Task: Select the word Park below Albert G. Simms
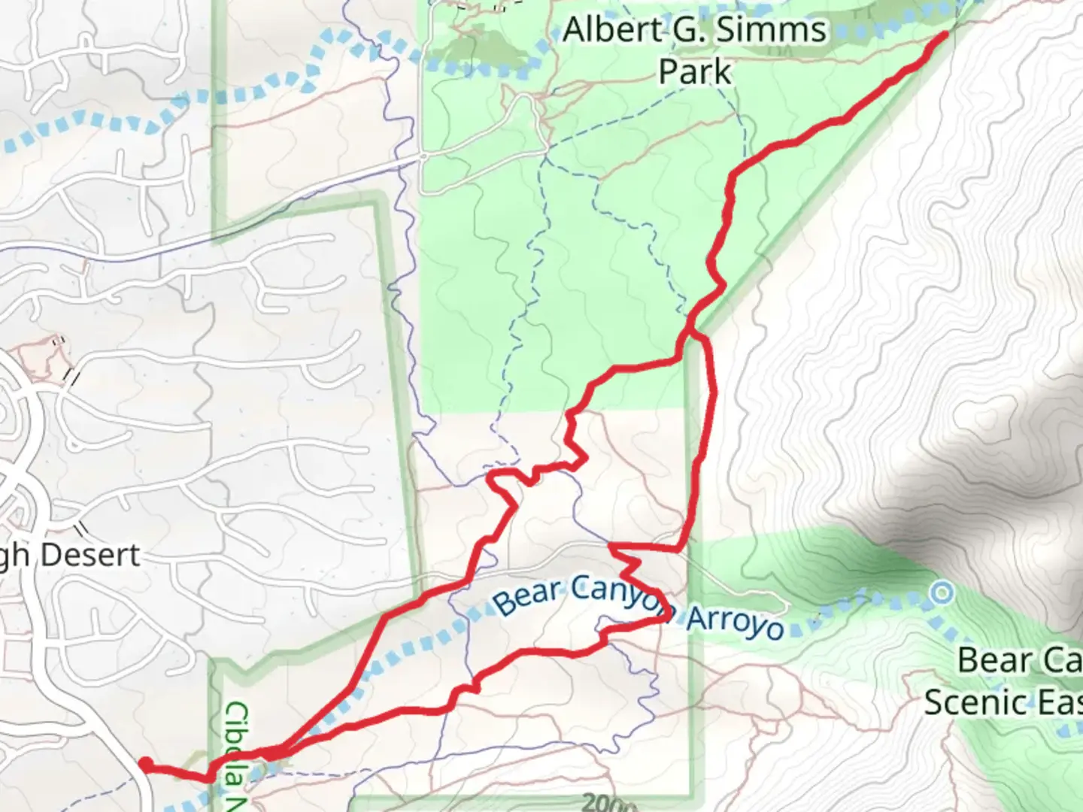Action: click(x=695, y=72)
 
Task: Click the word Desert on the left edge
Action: click(x=91, y=555)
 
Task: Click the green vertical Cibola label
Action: click(x=238, y=744)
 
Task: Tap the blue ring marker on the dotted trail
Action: click(x=942, y=593)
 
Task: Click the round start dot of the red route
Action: click(x=144, y=764)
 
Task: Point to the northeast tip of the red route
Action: click(x=945, y=34)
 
